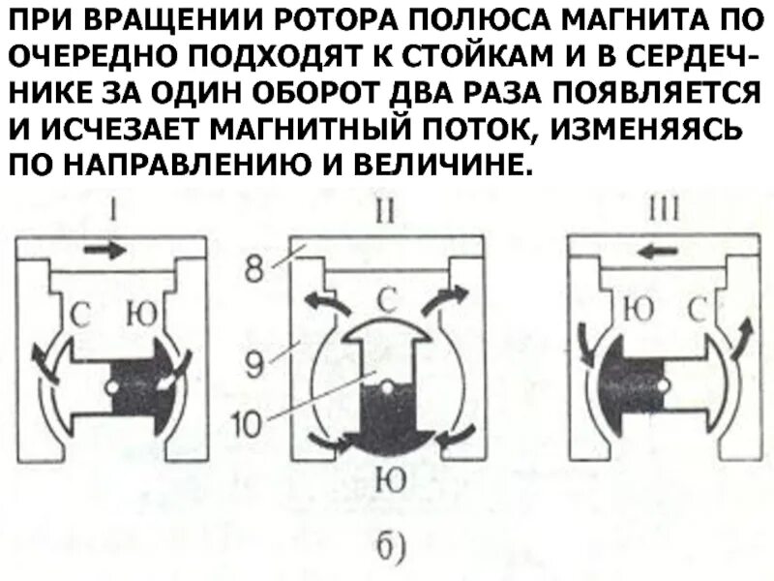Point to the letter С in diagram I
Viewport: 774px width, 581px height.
point(82,313)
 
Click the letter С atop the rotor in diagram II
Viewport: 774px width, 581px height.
point(387,302)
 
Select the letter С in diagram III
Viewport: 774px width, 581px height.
point(695,313)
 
